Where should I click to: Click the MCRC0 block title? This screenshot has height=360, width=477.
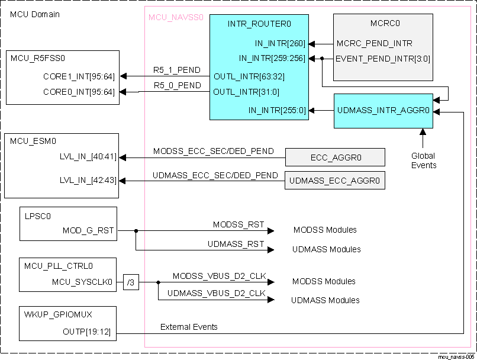click(x=385, y=24)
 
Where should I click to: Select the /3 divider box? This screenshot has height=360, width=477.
click(x=131, y=282)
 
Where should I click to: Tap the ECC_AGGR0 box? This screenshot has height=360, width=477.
click(x=335, y=157)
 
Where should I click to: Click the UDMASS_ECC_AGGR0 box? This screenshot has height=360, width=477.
click(x=334, y=180)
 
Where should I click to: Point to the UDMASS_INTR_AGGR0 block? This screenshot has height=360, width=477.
click(x=383, y=111)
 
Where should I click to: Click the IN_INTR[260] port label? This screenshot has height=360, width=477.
click(x=280, y=43)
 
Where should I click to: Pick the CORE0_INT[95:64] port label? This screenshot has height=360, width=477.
click(x=79, y=92)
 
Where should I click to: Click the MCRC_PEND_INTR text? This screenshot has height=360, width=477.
click(x=374, y=43)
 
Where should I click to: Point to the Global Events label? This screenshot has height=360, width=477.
click(x=423, y=160)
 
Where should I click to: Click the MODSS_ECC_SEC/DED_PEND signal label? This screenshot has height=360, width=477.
click(x=213, y=152)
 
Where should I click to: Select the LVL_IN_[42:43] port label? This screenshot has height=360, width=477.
click(x=88, y=180)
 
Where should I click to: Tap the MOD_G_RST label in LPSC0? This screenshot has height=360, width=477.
click(x=88, y=230)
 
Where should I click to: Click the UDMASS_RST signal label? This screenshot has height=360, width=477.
click(x=236, y=244)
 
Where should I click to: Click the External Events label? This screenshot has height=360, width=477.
click(x=189, y=327)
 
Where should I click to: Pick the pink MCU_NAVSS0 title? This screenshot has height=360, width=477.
click(x=176, y=18)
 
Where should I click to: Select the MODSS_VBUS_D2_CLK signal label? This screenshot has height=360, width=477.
click(x=219, y=277)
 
